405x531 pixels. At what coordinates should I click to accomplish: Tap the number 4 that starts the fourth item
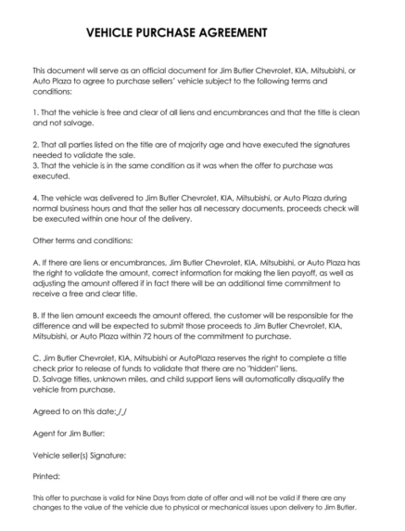point(34,198)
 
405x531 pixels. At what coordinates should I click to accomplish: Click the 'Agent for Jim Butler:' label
point(69,433)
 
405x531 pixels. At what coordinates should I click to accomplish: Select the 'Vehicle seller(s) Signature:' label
point(79,455)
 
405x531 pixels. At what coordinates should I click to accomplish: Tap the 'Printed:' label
point(46,478)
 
